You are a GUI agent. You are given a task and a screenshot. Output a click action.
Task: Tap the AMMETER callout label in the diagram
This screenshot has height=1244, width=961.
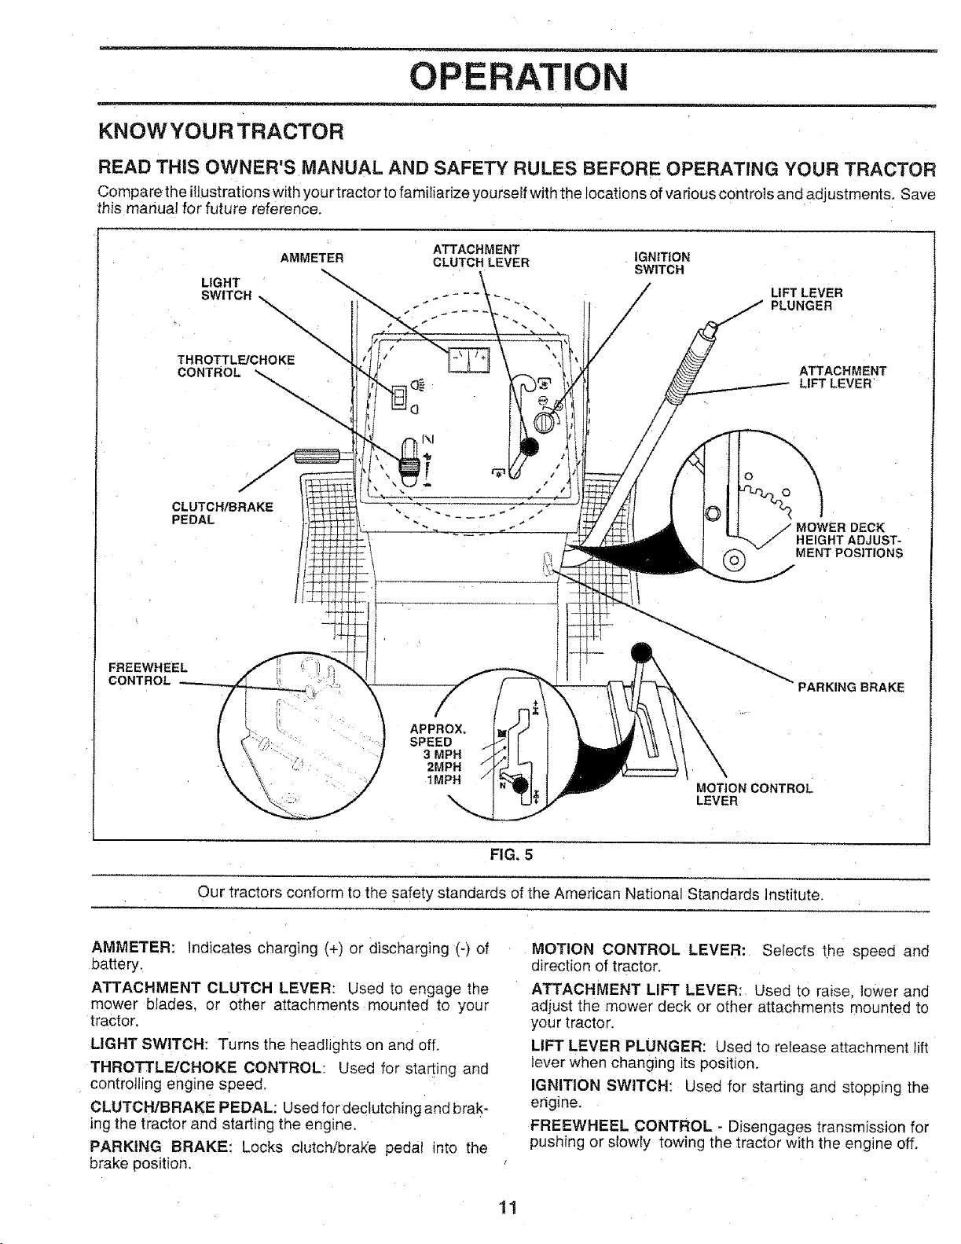pos(311,259)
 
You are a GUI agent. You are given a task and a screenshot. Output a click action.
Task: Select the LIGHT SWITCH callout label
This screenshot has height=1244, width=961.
pos(226,289)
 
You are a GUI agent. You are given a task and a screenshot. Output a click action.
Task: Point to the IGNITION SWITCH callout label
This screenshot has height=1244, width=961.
pos(662,262)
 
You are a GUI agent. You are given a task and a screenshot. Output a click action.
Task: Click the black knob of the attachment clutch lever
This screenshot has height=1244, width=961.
pos(529,447)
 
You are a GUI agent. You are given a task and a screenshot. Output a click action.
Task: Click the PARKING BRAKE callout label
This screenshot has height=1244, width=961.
pos(850,687)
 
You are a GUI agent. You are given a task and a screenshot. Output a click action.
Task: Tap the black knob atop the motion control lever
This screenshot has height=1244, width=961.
pos(641,651)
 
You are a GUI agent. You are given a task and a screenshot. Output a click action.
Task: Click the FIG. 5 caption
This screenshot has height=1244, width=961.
pos(511,855)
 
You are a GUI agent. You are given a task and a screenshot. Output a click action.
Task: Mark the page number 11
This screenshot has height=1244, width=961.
pos(507,1208)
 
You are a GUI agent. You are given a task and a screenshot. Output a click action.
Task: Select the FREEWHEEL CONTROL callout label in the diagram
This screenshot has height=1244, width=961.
pos(148,674)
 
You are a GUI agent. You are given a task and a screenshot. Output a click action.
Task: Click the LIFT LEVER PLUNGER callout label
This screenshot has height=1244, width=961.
pos(806,299)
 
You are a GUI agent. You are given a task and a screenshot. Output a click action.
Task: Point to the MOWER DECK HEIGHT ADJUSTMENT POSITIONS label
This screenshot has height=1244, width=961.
pos(849,540)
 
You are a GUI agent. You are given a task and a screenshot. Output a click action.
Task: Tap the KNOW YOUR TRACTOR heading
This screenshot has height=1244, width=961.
pos(222,132)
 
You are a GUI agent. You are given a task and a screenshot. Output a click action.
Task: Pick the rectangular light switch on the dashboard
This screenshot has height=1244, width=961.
pos(399,396)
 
